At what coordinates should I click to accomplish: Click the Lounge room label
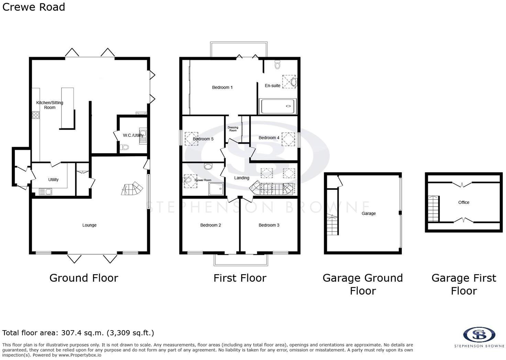(89, 225)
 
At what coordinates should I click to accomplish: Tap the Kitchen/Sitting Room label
(50, 105)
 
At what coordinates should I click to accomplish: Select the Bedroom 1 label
(222, 87)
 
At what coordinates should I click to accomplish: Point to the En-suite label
(273, 86)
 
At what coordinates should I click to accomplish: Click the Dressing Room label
(233, 129)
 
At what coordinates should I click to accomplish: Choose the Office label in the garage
(463, 202)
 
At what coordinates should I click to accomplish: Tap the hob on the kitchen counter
(36, 115)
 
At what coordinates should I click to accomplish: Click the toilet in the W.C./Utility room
(124, 147)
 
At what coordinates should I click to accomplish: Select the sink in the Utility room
(46, 192)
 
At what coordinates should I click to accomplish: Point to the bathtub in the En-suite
(277, 106)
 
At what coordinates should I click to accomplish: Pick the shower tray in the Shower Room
(216, 189)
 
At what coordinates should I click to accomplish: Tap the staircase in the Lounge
(132, 188)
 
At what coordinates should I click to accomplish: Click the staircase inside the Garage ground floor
(333, 225)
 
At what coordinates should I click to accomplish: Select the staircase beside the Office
(433, 209)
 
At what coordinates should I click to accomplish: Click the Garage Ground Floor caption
(363, 284)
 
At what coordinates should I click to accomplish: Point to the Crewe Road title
(34, 7)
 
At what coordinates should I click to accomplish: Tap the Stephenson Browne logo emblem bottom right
(479, 335)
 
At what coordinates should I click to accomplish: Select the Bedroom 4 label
(269, 138)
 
